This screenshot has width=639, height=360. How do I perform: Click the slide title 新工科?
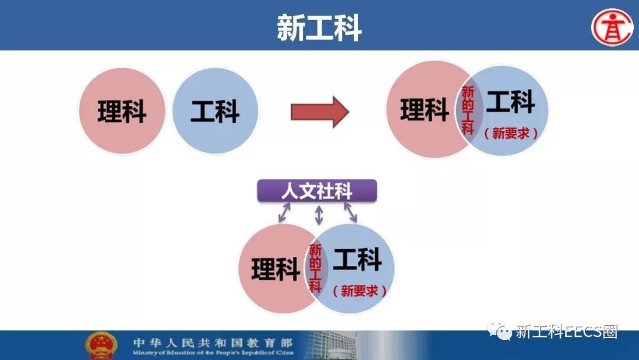click(x=319, y=27)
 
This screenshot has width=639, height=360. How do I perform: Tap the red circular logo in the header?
click(x=612, y=27)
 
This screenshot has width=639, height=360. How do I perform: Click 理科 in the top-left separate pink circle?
click(x=122, y=111)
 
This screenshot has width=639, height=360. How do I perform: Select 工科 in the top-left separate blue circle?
click(x=215, y=111)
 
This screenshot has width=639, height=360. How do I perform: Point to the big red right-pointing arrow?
click(x=319, y=111)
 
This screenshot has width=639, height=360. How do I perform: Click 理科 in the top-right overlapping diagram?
click(x=424, y=110)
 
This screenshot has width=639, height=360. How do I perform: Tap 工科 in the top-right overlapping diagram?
click(x=510, y=102)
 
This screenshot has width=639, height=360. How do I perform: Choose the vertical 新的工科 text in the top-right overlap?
click(x=468, y=110)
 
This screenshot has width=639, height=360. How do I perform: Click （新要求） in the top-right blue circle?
click(x=511, y=134)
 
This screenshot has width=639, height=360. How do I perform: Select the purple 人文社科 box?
click(x=317, y=191)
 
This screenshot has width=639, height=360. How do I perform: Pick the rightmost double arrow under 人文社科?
click(x=351, y=212)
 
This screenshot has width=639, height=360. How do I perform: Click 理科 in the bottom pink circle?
click(x=275, y=269)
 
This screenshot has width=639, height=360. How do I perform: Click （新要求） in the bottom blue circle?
click(x=359, y=291)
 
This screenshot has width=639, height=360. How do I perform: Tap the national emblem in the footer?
click(x=101, y=345)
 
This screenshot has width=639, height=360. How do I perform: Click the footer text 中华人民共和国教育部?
click(x=212, y=342)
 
